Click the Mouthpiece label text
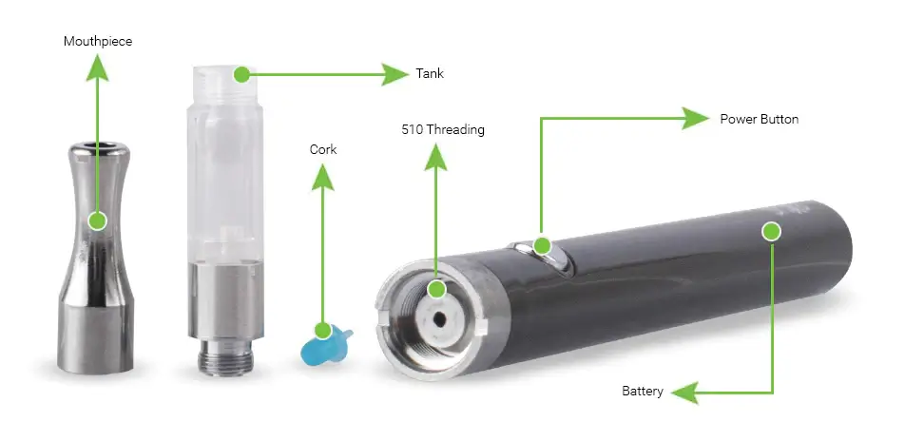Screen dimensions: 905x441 pyautogui.click(x=98, y=42)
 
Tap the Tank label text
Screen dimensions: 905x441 pyautogui.click(x=430, y=73)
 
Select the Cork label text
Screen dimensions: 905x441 pyautogui.click(x=323, y=149)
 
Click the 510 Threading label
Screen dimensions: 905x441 pyautogui.click(x=443, y=130)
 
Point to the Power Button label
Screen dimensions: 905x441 pyautogui.click(x=759, y=120)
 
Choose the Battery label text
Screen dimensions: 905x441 pyautogui.click(x=643, y=392)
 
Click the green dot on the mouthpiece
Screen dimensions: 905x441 pyautogui.click(x=98, y=220)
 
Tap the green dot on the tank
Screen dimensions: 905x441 pyautogui.click(x=241, y=74)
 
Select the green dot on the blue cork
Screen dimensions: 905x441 pyautogui.click(x=322, y=331)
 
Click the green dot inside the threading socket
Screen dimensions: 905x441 pyautogui.click(x=436, y=289)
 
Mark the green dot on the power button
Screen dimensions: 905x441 pyautogui.click(x=542, y=246)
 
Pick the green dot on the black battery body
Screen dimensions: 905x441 pyautogui.click(x=771, y=232)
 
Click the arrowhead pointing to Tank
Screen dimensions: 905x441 pyautogui.click(x=395, y=74)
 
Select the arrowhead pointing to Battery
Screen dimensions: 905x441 pyautogui.click(x=685, y=393)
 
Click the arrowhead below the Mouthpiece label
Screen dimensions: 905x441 pyautogui.click(x=98, y=69)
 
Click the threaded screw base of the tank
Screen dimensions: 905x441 pyautogui.click(x=224, y=357)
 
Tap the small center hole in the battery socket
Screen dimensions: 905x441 pyautogui.click(x=440, y=318)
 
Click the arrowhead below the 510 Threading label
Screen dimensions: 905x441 pyautogui.click(x=435, y=158)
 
